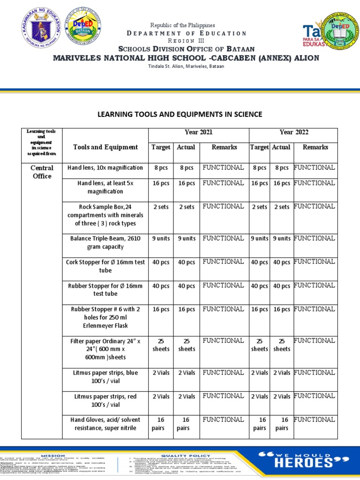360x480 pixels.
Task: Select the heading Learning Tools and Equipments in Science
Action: pyautogui.click(x=180, y=114)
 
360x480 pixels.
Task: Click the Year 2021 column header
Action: pyautogui.click(x=198, y=132)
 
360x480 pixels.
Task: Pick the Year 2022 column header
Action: pyautogui.click(x=294, y=132)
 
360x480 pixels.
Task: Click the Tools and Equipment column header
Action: pyautogui.click(x=105, y=147)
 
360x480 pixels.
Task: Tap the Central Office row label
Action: pyautogui.click(x=42, y=172)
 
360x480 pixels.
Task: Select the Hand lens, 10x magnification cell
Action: pyautogui.click(x=105, y=168)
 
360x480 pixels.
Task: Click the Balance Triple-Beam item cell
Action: pyautogui.click(x=105, y=242)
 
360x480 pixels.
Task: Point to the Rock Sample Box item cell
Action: pyautogui.click(x=105, y=215)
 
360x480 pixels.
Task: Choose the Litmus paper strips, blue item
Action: pyautogui.click(x=105, y=376)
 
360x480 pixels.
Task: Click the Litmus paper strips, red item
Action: pyautogui.click(x=105, y=400)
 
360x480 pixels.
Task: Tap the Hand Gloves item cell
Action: pyautogui.click(x=105, y=424)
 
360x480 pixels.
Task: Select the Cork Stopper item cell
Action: pyautogui.click(x=105, y=266)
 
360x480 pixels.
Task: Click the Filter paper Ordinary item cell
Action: pyautogui.click(x=105, y=349)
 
